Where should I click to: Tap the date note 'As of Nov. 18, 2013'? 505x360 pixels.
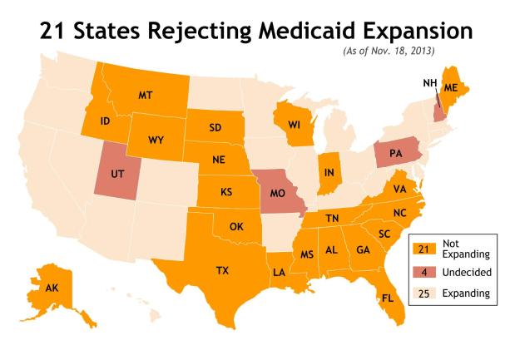tap(393, 52)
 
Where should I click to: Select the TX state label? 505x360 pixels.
tap(222, 270)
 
